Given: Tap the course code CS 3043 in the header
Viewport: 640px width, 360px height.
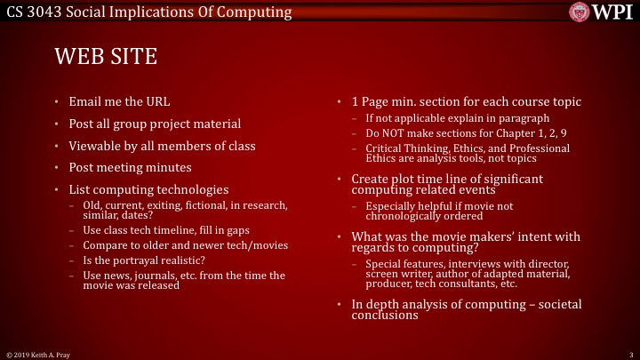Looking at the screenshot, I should (x=31, y=12).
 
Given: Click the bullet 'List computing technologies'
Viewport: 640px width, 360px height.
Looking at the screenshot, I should (x=148, y=189).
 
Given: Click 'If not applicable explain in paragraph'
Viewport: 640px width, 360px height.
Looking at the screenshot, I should (x=457, y=117).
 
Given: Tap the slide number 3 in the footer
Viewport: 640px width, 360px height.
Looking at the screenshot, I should (x=629, y=354).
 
